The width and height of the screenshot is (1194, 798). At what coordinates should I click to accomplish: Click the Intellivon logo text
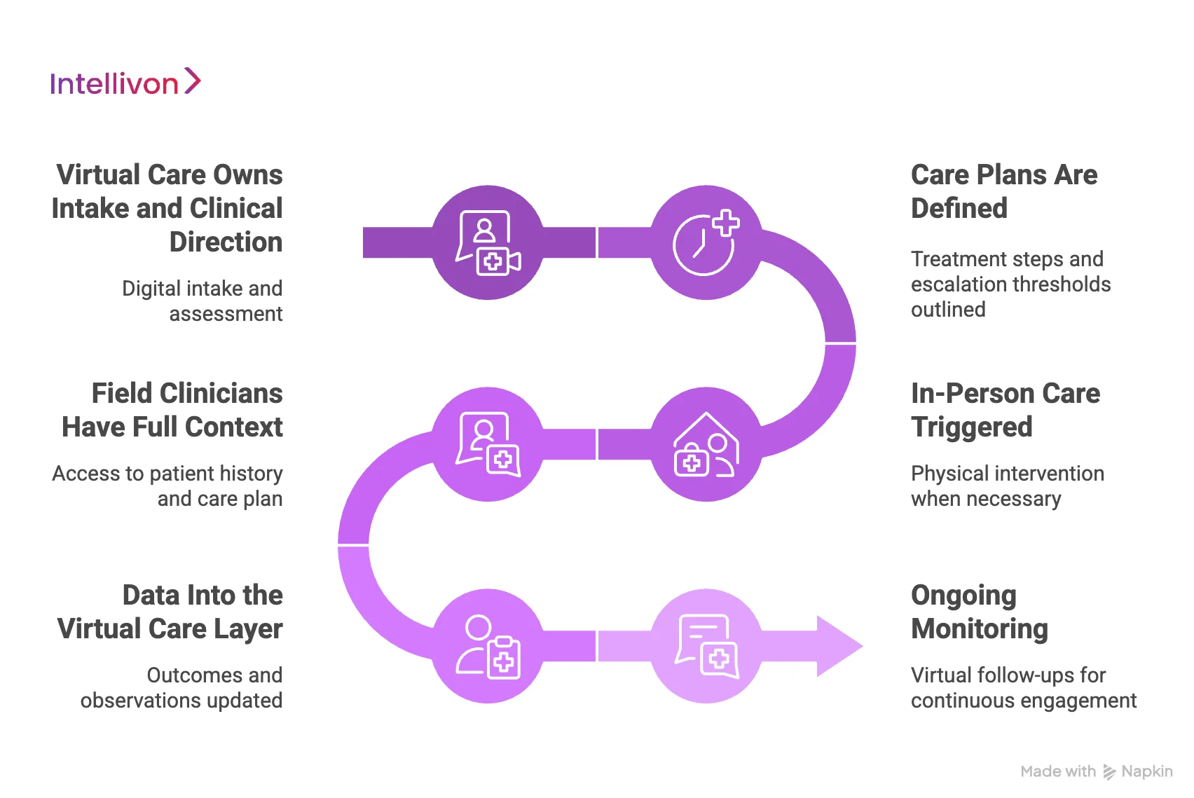(x=114, y=84)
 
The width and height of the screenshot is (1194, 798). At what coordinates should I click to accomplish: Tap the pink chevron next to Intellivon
(x=192, y=81)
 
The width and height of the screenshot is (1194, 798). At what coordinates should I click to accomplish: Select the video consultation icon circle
(x=488, y=242)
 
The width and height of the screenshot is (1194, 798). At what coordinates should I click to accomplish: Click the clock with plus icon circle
(x=706, y=242)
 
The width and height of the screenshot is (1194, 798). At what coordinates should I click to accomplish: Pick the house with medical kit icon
(x=706, y=444)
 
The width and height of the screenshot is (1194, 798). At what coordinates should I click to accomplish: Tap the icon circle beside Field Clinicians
(x=488, y=444)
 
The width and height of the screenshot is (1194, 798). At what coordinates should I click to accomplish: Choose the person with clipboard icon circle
(x=488, y=646)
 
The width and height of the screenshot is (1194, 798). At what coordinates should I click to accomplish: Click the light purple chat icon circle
(x=706, y=646)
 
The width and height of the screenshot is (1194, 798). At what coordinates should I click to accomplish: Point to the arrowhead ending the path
(x=839, y=646)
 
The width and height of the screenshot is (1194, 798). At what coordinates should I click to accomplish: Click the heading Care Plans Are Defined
(x=1003, y=191)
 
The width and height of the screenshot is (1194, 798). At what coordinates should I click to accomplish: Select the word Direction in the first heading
(x=226, y=242)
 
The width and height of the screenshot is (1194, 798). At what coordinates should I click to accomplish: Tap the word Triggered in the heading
(x=971, y=427)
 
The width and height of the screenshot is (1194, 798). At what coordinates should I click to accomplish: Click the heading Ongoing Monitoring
(x=979, y=612)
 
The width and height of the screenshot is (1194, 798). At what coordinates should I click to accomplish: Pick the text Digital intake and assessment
(x=203, y=301)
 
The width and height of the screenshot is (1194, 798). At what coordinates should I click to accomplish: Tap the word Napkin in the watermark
(x=1146, y=771)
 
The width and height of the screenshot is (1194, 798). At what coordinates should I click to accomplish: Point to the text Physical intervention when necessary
(x=1006, y=486)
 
